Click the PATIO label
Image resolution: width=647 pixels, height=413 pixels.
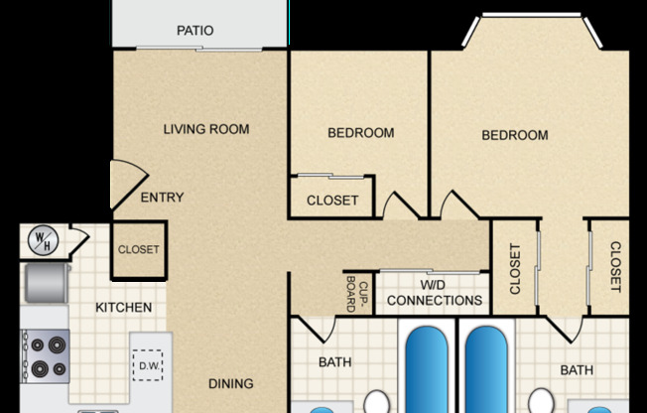click(x=194, y=31)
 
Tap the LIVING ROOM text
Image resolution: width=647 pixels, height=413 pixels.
click(x=206, y=129)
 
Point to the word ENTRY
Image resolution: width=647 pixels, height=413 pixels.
click(x=162, y=198)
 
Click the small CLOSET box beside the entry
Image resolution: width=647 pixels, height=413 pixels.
click(x=138, y=249)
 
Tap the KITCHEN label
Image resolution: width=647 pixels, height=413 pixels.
click(x=123, y=308)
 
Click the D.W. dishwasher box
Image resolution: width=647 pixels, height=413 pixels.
click(x=150, y=368)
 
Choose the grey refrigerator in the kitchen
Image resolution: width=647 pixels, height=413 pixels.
click(x=44, y=283)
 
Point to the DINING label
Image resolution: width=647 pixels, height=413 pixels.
click(x=230, y=383)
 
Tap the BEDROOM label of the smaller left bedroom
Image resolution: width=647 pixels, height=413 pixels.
click(x=360, y=133)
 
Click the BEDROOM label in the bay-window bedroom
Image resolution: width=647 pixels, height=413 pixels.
click(x=515, y=135)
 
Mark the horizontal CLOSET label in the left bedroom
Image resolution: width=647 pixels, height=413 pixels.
click(x=332, y=201)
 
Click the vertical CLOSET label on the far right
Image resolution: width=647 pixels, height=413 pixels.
click(x=614, y=268)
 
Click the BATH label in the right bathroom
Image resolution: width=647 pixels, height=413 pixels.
click(x=577, y=370)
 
